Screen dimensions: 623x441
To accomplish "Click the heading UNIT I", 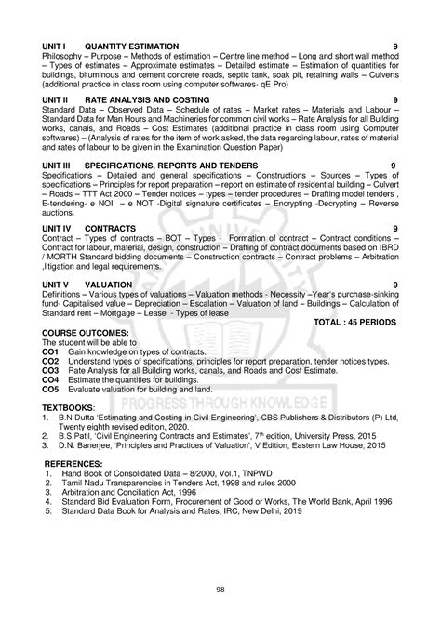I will (55, 46).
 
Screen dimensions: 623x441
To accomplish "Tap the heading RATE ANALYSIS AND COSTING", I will (141, 99).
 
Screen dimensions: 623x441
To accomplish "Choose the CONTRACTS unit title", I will (110, 227).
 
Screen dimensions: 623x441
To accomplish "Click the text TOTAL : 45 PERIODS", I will (356, 321).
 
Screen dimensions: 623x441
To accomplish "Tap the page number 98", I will (220, 588).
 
